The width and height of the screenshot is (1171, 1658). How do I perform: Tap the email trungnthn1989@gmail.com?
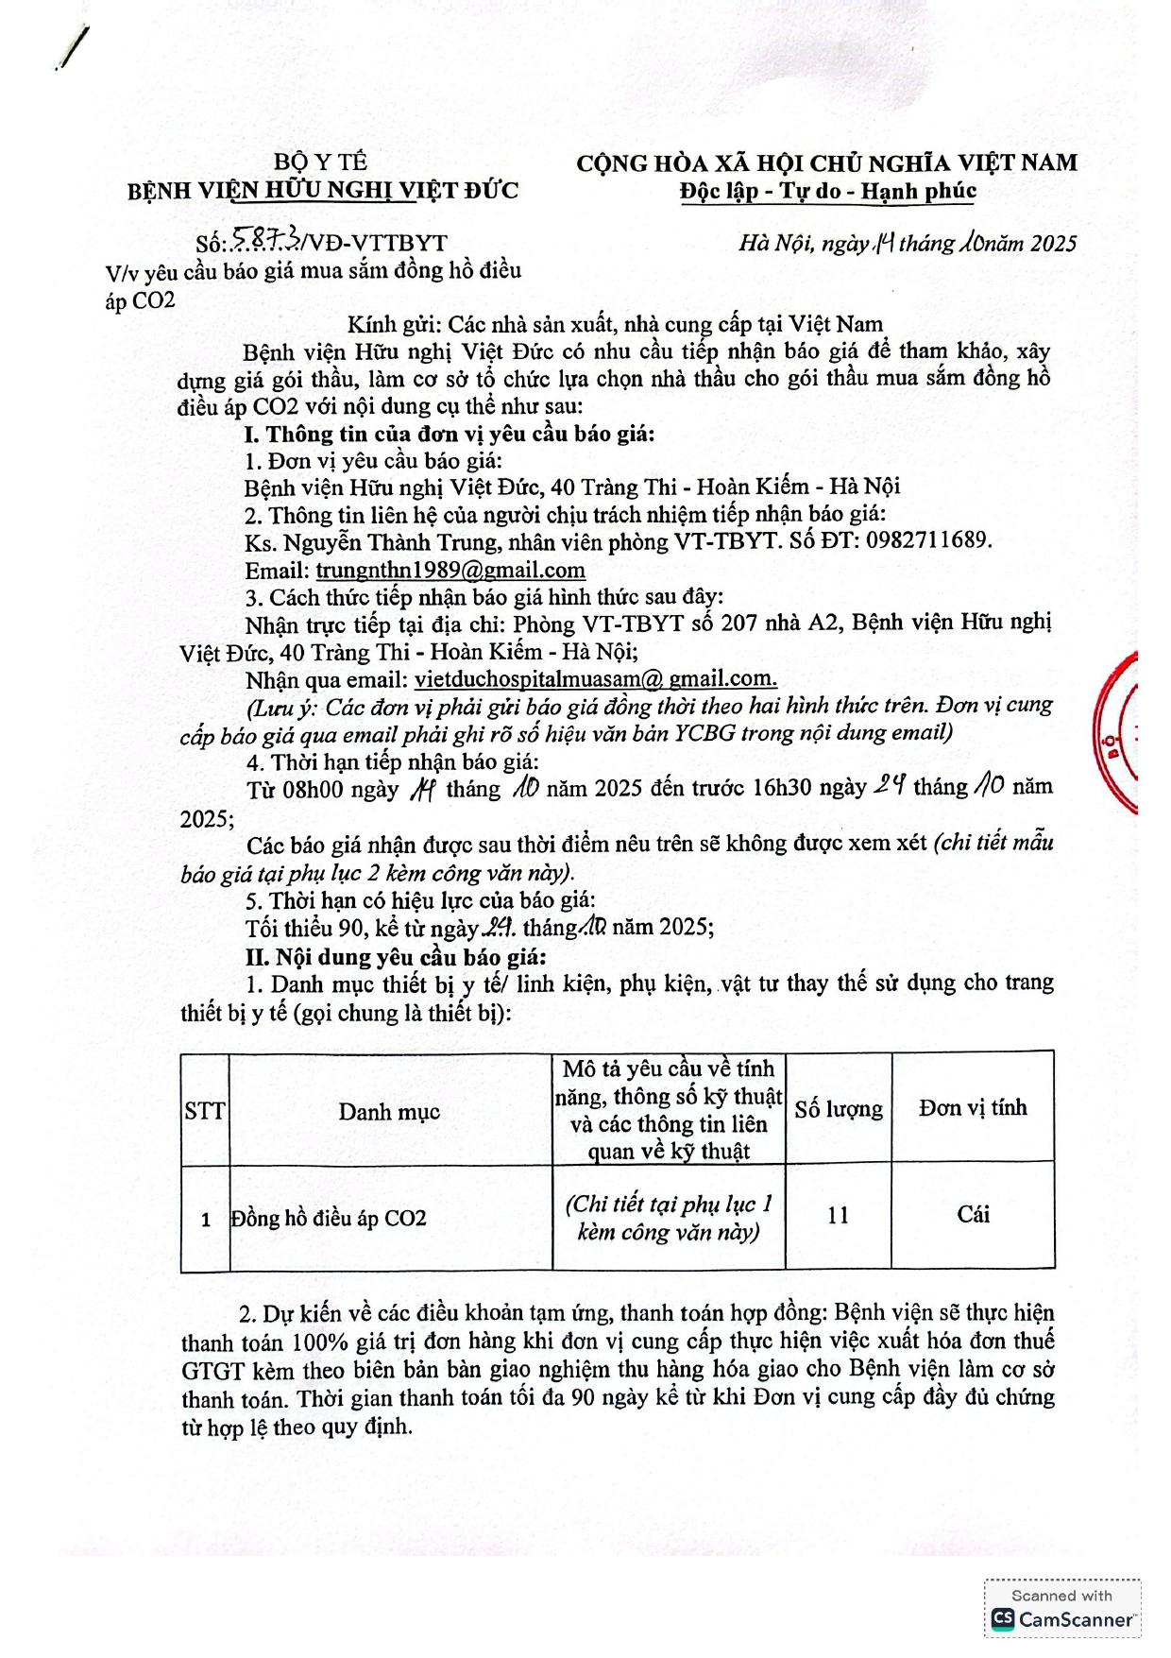click(450, 571)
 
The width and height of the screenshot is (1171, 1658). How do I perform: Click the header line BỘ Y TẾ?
click(321, 162)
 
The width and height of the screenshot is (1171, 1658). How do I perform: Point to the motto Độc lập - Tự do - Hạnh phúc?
click(827, 191)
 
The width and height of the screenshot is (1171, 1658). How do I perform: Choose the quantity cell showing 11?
click(838, 1216)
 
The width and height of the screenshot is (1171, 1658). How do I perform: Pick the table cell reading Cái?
click(973, 1215)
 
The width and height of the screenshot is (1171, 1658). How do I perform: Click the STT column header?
click(205, 1110)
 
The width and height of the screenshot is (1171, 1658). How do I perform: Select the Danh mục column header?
click(389, 1112)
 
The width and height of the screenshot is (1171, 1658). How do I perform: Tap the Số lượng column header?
click(838, 1109)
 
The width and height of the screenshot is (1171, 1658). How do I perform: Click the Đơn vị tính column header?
click(973, 1108)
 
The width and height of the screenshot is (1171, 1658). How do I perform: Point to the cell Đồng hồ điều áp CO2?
click(329, 1219)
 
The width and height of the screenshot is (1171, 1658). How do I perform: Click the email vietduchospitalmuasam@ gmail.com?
click(595, 679)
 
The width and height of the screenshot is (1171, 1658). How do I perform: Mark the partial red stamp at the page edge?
click(1118, 732)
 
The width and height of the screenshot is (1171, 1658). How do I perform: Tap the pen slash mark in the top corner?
click(74, 47)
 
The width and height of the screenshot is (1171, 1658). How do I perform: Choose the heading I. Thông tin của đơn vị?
click(449, 434)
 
